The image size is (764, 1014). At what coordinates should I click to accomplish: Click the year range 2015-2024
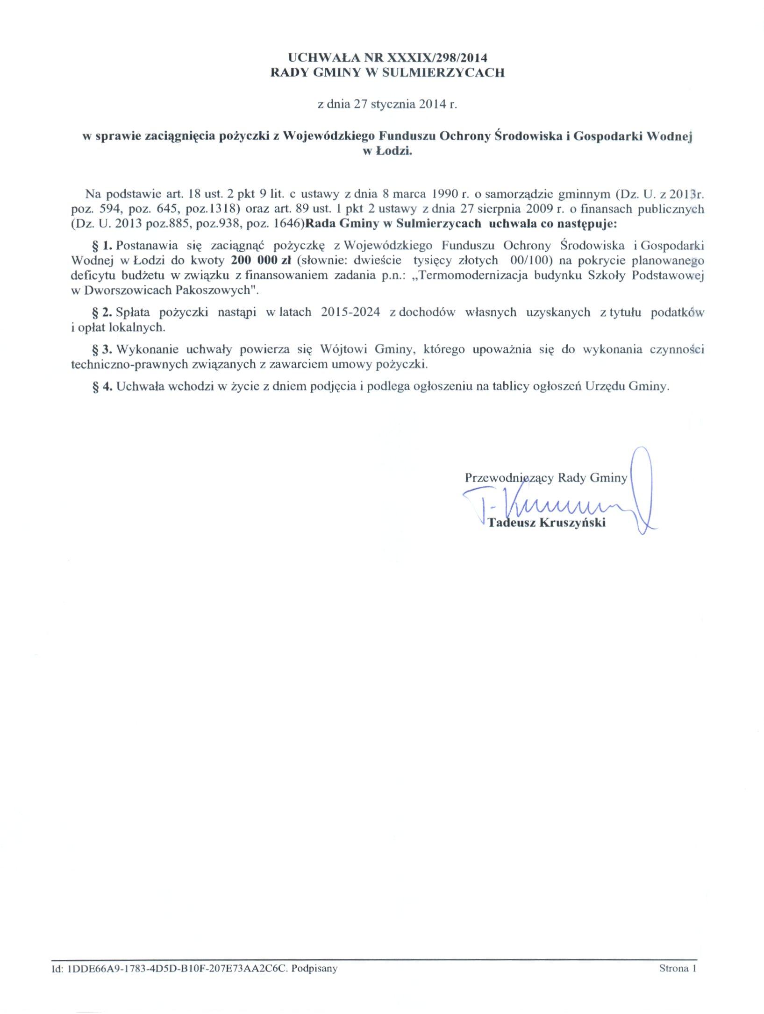[x=350, y=312]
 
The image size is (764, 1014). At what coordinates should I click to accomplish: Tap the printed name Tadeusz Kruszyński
[x=546, y=522]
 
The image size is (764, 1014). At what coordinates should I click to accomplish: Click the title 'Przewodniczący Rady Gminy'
[x=546, y=478]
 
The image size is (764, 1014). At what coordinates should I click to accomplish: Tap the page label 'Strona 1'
[x=678, y=968]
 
